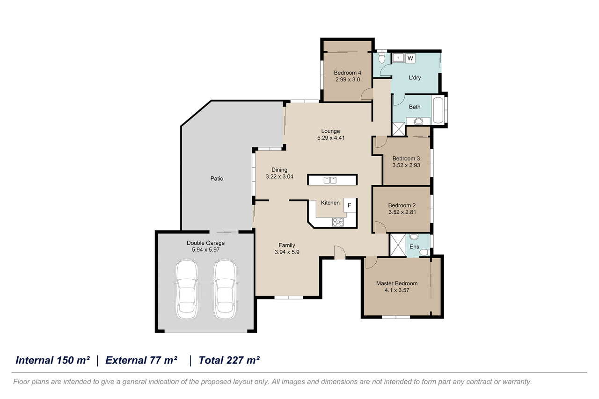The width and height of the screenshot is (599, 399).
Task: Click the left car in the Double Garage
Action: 187,289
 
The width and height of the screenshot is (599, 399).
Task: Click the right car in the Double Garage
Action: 225,289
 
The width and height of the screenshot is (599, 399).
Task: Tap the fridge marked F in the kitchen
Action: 350,205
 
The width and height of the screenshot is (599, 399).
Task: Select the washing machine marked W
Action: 410,58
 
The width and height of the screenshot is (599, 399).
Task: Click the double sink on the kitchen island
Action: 330,180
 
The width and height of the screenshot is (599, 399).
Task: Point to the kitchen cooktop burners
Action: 338,222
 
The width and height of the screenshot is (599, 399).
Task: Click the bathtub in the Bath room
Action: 438,110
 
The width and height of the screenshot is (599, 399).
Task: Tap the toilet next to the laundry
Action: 381,58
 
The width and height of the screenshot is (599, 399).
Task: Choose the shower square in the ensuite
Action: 398,245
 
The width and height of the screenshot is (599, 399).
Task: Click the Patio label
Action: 217,179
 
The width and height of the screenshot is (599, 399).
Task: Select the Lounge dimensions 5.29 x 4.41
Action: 331,138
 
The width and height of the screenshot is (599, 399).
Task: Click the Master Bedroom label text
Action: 397,283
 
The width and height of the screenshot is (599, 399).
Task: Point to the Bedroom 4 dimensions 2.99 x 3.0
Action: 348,80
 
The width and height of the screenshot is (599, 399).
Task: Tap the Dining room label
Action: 279,170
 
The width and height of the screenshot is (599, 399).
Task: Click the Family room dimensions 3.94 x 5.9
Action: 287,252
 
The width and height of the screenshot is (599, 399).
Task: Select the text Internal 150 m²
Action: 52,360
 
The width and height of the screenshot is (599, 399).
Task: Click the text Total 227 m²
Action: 229,360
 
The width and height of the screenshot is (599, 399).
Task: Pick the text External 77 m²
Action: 141,360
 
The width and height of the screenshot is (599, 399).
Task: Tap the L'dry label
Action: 415,78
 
